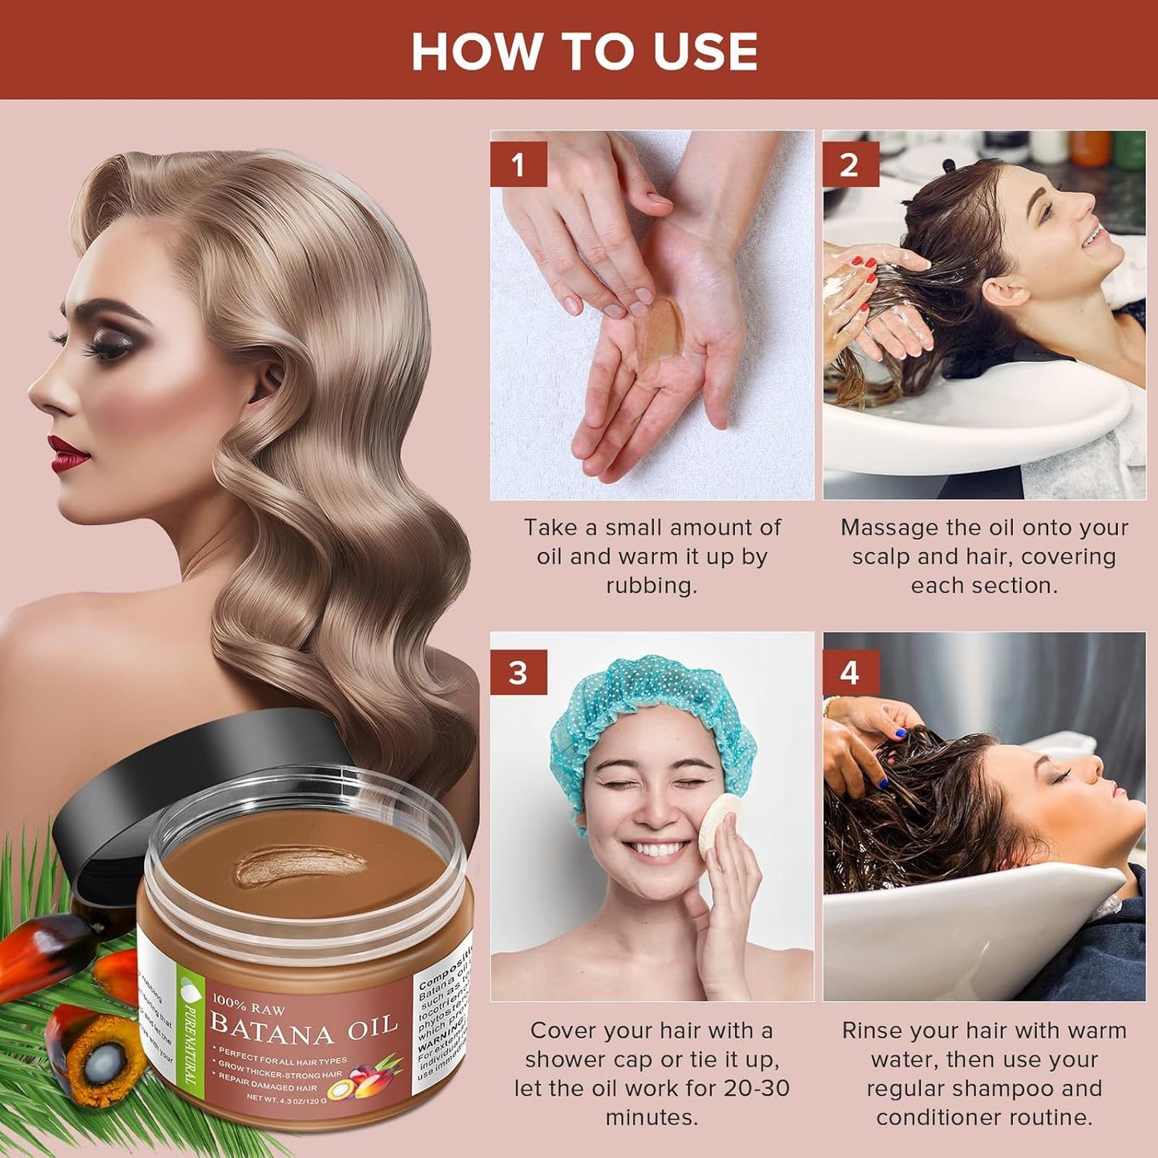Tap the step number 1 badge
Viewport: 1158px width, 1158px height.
tap(518, 165)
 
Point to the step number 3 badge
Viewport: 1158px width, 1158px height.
tap(518, 672)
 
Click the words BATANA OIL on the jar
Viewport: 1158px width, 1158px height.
tap(304, 1028)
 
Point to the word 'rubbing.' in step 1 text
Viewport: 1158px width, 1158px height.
tap(652, 586)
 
